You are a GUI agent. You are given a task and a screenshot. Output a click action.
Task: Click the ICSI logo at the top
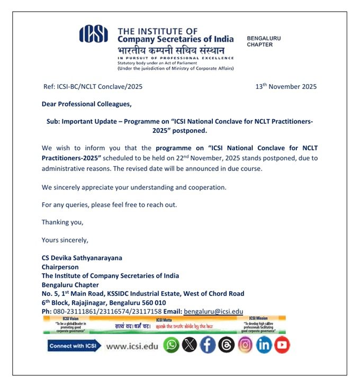click(x=93, y=35)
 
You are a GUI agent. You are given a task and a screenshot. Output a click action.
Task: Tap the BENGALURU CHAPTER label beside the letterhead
click(x=264, y=41)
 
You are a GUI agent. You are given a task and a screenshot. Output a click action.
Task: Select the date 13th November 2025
click(x=286, y=86)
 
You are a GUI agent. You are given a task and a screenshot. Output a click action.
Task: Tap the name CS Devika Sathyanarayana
click(x=82, y=258)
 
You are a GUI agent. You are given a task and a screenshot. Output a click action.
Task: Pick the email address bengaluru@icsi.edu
click(x=213, y=312)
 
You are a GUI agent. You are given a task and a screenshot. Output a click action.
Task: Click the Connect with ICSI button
click(x=74, y=346)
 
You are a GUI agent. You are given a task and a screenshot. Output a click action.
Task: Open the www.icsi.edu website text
click(x=132, y=346)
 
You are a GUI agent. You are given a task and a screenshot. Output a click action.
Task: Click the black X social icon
click(x=189, y=345)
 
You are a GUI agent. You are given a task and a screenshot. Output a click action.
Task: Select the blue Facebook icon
click(x=208, y=345)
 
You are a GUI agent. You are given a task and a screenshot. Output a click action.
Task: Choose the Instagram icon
click(x=245, y=345)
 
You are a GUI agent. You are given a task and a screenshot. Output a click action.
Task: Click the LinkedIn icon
click(x=264, y=345)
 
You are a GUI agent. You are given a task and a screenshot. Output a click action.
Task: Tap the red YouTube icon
click(x=282, y=345)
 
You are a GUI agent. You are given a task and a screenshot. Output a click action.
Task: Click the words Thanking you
click(x=62, y=222)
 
